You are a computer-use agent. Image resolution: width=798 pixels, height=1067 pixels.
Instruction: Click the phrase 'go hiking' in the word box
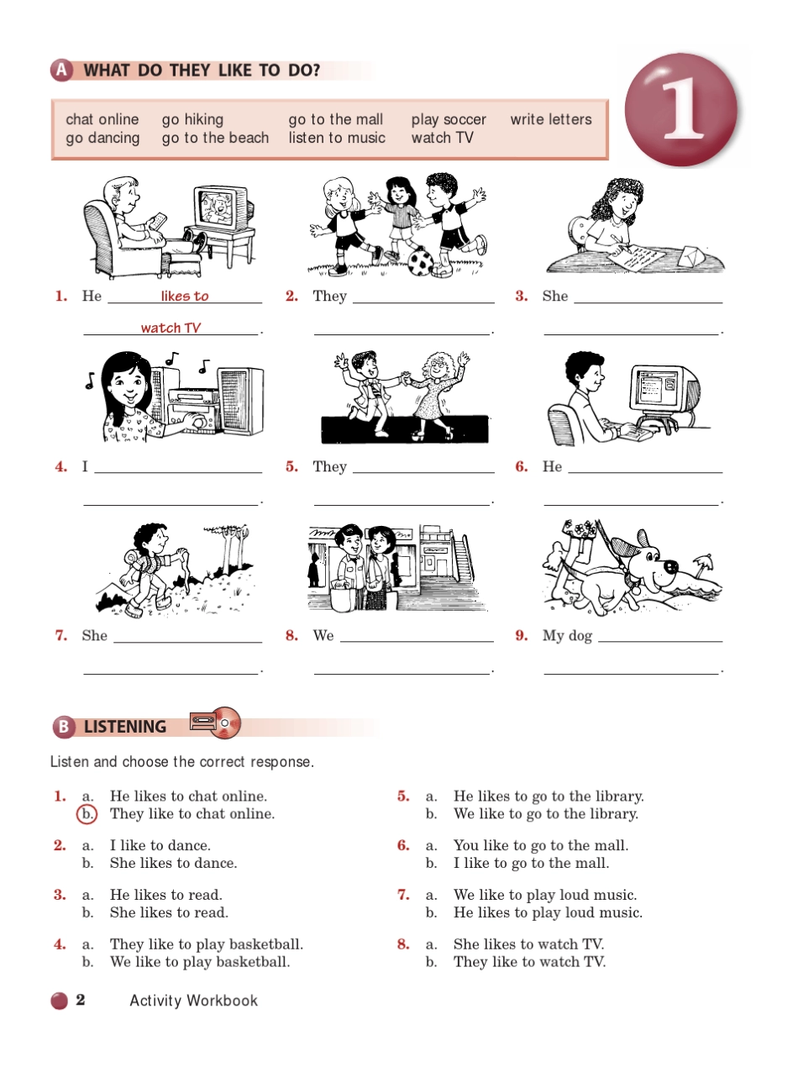[192, 119]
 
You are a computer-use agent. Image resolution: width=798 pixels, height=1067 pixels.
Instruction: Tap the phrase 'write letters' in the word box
[551, 119]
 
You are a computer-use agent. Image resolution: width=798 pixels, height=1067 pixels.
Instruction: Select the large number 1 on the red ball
[683, 109]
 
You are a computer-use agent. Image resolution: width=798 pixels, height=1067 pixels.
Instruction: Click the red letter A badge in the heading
[61, 70]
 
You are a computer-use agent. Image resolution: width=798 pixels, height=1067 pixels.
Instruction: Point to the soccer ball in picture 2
[421, 262]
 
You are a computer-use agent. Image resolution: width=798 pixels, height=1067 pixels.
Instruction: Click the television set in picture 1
[223, 208]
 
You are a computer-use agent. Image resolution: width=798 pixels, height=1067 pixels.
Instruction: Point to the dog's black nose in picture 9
[670, 567]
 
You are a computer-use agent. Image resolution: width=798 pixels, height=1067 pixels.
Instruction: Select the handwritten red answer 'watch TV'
[171, 328]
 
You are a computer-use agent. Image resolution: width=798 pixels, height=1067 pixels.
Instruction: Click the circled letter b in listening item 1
[87, 813]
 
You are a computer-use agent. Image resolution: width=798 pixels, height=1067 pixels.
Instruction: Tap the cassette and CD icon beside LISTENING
[215, 723]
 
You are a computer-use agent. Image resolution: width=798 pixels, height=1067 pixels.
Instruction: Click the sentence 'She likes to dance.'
[174, 863]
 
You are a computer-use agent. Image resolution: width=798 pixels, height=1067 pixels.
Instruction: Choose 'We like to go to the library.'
[546, 814]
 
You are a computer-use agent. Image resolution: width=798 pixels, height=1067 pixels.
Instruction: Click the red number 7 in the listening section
[403, 895]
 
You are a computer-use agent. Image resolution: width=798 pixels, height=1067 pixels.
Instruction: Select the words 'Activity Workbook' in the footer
[193, 1001]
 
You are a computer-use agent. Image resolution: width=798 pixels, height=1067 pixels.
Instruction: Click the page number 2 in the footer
[80, 1000]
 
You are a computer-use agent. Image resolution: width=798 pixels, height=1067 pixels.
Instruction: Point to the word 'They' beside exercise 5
[329, 466]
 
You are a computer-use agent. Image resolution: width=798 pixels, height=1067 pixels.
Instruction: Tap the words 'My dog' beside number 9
[567, 636]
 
